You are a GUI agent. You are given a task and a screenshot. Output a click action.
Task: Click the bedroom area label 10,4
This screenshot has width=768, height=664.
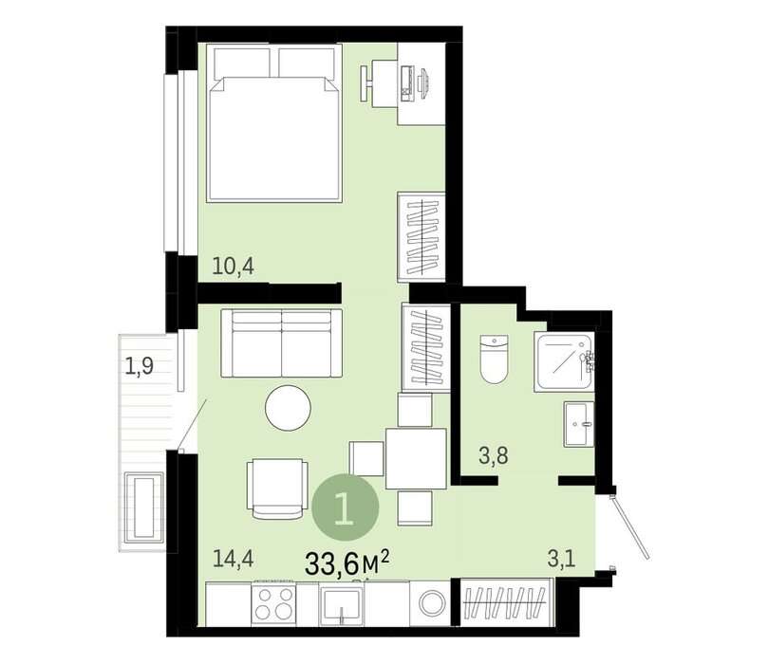[234, 267]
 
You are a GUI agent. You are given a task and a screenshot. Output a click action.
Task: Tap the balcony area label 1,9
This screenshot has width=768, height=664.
[140, 365]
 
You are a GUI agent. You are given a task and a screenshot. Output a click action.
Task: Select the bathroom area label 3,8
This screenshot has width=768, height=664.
[494, 456]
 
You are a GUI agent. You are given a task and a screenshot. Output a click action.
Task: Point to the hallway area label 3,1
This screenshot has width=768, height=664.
[561, 559]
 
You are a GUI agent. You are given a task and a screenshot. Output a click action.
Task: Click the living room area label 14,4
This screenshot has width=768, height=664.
[234, 559]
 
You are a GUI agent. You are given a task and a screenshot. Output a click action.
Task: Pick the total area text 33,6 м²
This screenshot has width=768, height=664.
[347, 563]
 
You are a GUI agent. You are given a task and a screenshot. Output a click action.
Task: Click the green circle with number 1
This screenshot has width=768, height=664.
[346, 507]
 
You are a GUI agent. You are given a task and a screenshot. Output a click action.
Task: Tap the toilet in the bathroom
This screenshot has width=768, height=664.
[494, 360]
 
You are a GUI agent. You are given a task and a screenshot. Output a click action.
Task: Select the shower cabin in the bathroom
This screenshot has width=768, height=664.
[565, 362]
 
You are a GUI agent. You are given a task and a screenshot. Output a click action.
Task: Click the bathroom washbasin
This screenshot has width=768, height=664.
[579, 424]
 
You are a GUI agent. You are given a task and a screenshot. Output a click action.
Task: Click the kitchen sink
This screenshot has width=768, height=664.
[342, 604]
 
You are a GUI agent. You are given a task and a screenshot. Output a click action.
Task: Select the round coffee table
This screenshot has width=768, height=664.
[288, 408]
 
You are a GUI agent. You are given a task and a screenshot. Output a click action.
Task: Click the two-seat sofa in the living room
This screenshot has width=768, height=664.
[282, 343]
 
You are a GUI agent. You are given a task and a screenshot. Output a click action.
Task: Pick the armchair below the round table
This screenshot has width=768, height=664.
[277, 489]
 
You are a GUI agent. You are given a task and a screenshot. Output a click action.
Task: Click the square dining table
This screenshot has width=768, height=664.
[416, 458]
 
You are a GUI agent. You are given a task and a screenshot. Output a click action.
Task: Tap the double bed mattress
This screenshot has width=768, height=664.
[274, 138]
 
